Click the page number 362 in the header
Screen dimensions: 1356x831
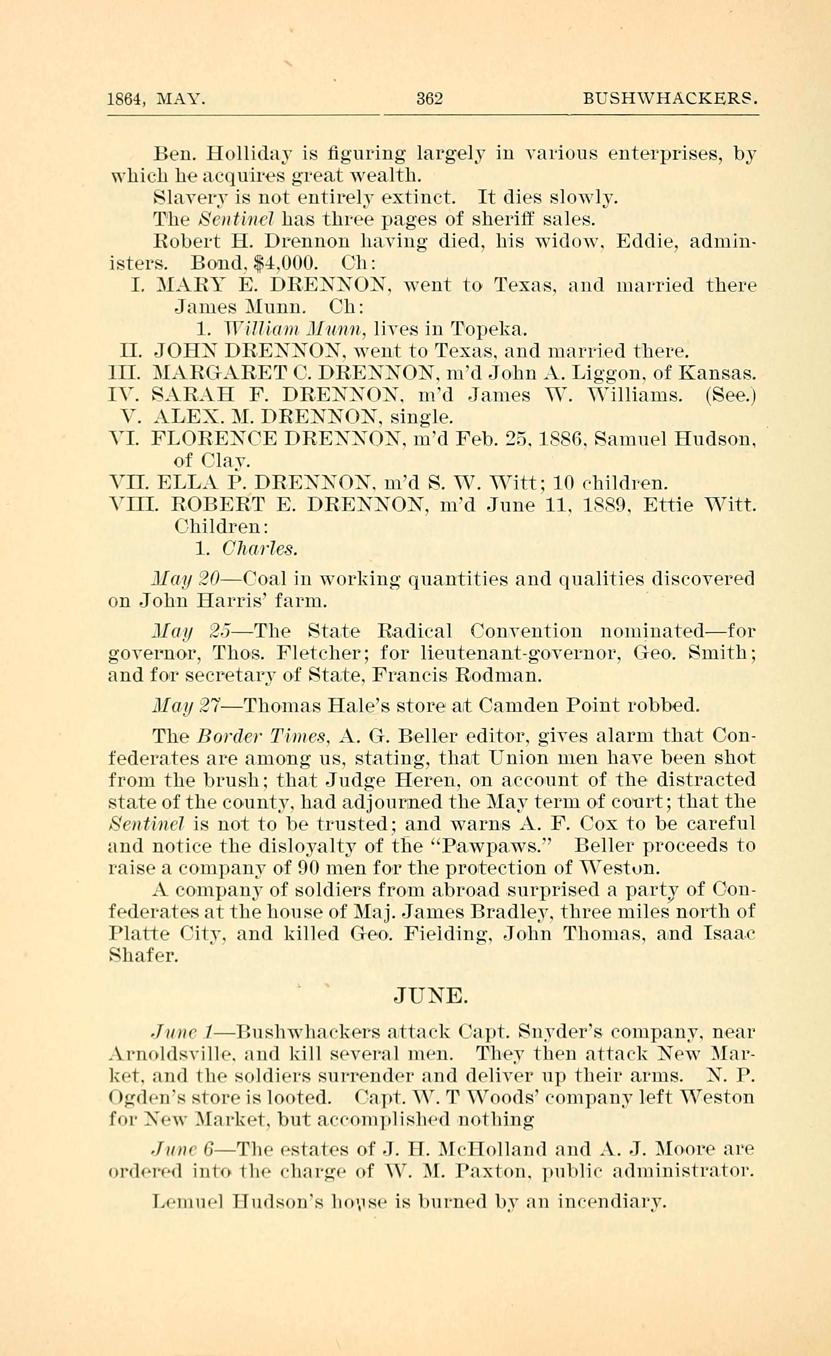coord(430,99)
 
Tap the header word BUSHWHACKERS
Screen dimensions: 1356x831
coord(671,99)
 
